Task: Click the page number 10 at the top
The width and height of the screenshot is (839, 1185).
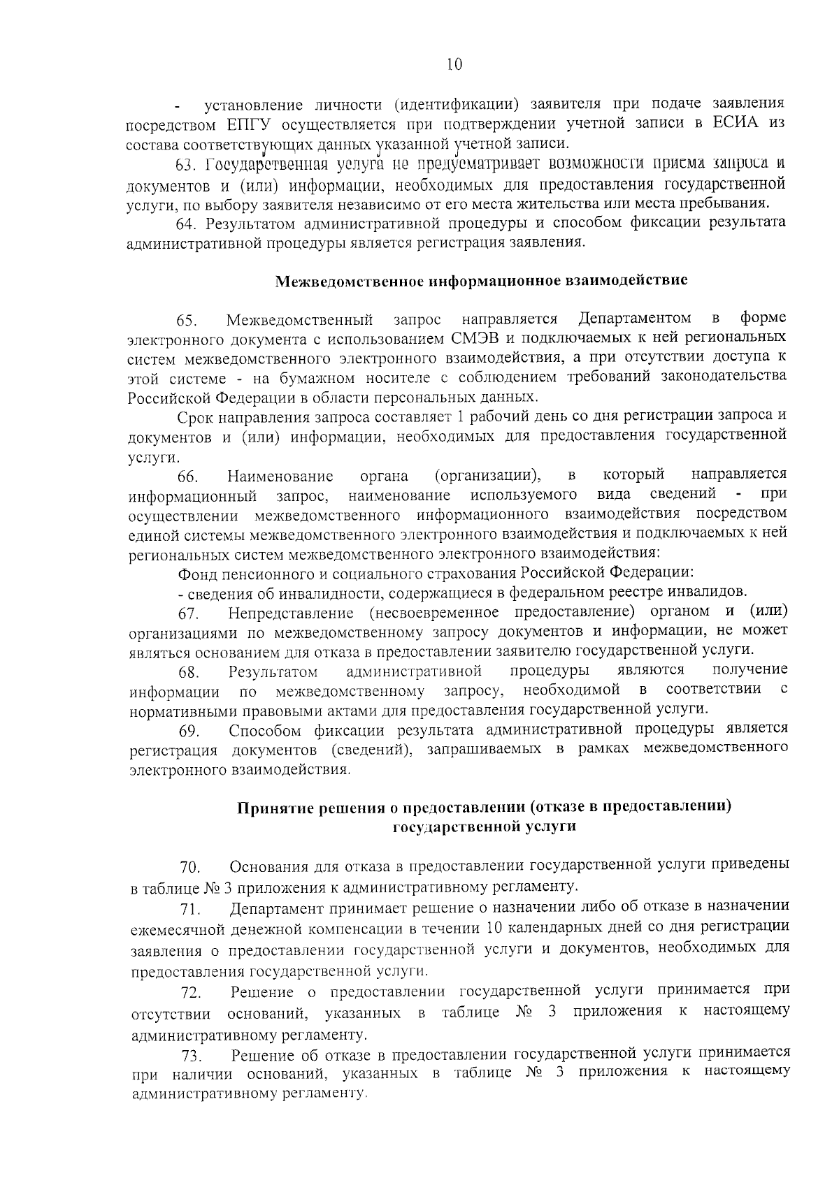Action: [x=454, y=64]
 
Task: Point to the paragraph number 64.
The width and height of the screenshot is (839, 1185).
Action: [x=185, y=224]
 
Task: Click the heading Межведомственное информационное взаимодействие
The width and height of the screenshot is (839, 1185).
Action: [x=481, y=281]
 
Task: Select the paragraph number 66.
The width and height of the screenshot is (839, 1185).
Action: [x=188, y=478]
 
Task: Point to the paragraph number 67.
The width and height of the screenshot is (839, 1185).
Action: [x=188, y=614]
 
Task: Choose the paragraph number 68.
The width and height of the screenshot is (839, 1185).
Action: [x=189, y=673]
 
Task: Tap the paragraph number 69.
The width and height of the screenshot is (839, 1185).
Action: [x=189, y=732]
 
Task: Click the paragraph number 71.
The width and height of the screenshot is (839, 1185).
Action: [x=190, y=909]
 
